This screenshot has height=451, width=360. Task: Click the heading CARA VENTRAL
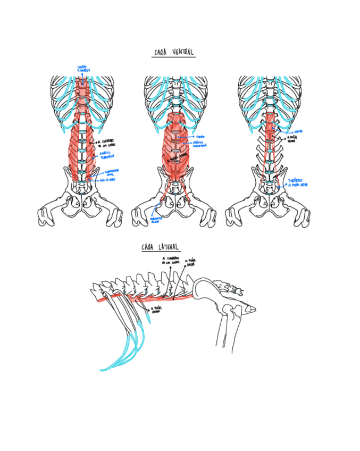pos(173,52)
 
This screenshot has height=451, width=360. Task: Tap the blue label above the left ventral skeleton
pos(83,69)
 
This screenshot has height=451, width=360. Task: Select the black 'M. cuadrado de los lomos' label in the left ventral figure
pos(106,143)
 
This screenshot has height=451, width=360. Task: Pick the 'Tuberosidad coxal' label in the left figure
pos(112,172)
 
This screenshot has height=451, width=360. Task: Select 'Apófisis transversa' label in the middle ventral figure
pos(200,144)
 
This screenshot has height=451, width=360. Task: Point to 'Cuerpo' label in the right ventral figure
pos(299,131)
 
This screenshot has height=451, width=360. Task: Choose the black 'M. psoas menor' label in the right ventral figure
pos(292,139)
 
